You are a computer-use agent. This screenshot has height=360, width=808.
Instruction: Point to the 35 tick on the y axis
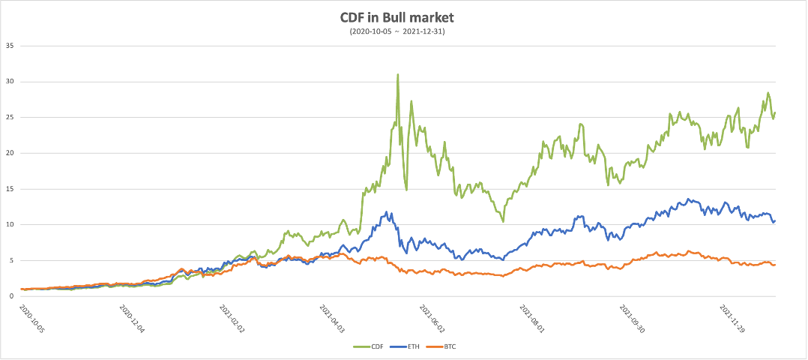[10, 46]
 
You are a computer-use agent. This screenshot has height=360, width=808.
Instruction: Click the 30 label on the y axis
[10, 82]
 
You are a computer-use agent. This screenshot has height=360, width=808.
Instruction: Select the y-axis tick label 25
[10, 117]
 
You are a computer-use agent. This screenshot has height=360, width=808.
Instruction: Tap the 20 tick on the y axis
[10, 153]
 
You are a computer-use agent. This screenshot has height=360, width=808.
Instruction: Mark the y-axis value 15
[10, 189]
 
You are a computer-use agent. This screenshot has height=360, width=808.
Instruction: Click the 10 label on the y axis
[10, 224]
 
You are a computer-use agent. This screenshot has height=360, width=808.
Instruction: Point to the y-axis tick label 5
[13, 260]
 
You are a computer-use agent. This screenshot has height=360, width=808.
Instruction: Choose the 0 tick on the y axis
[13, 296]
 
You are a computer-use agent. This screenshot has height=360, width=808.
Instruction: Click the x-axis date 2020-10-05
[34, 318]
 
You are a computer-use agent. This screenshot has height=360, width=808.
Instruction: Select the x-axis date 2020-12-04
[133, 318]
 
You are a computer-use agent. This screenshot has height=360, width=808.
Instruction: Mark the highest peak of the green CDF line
[397, 74]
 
